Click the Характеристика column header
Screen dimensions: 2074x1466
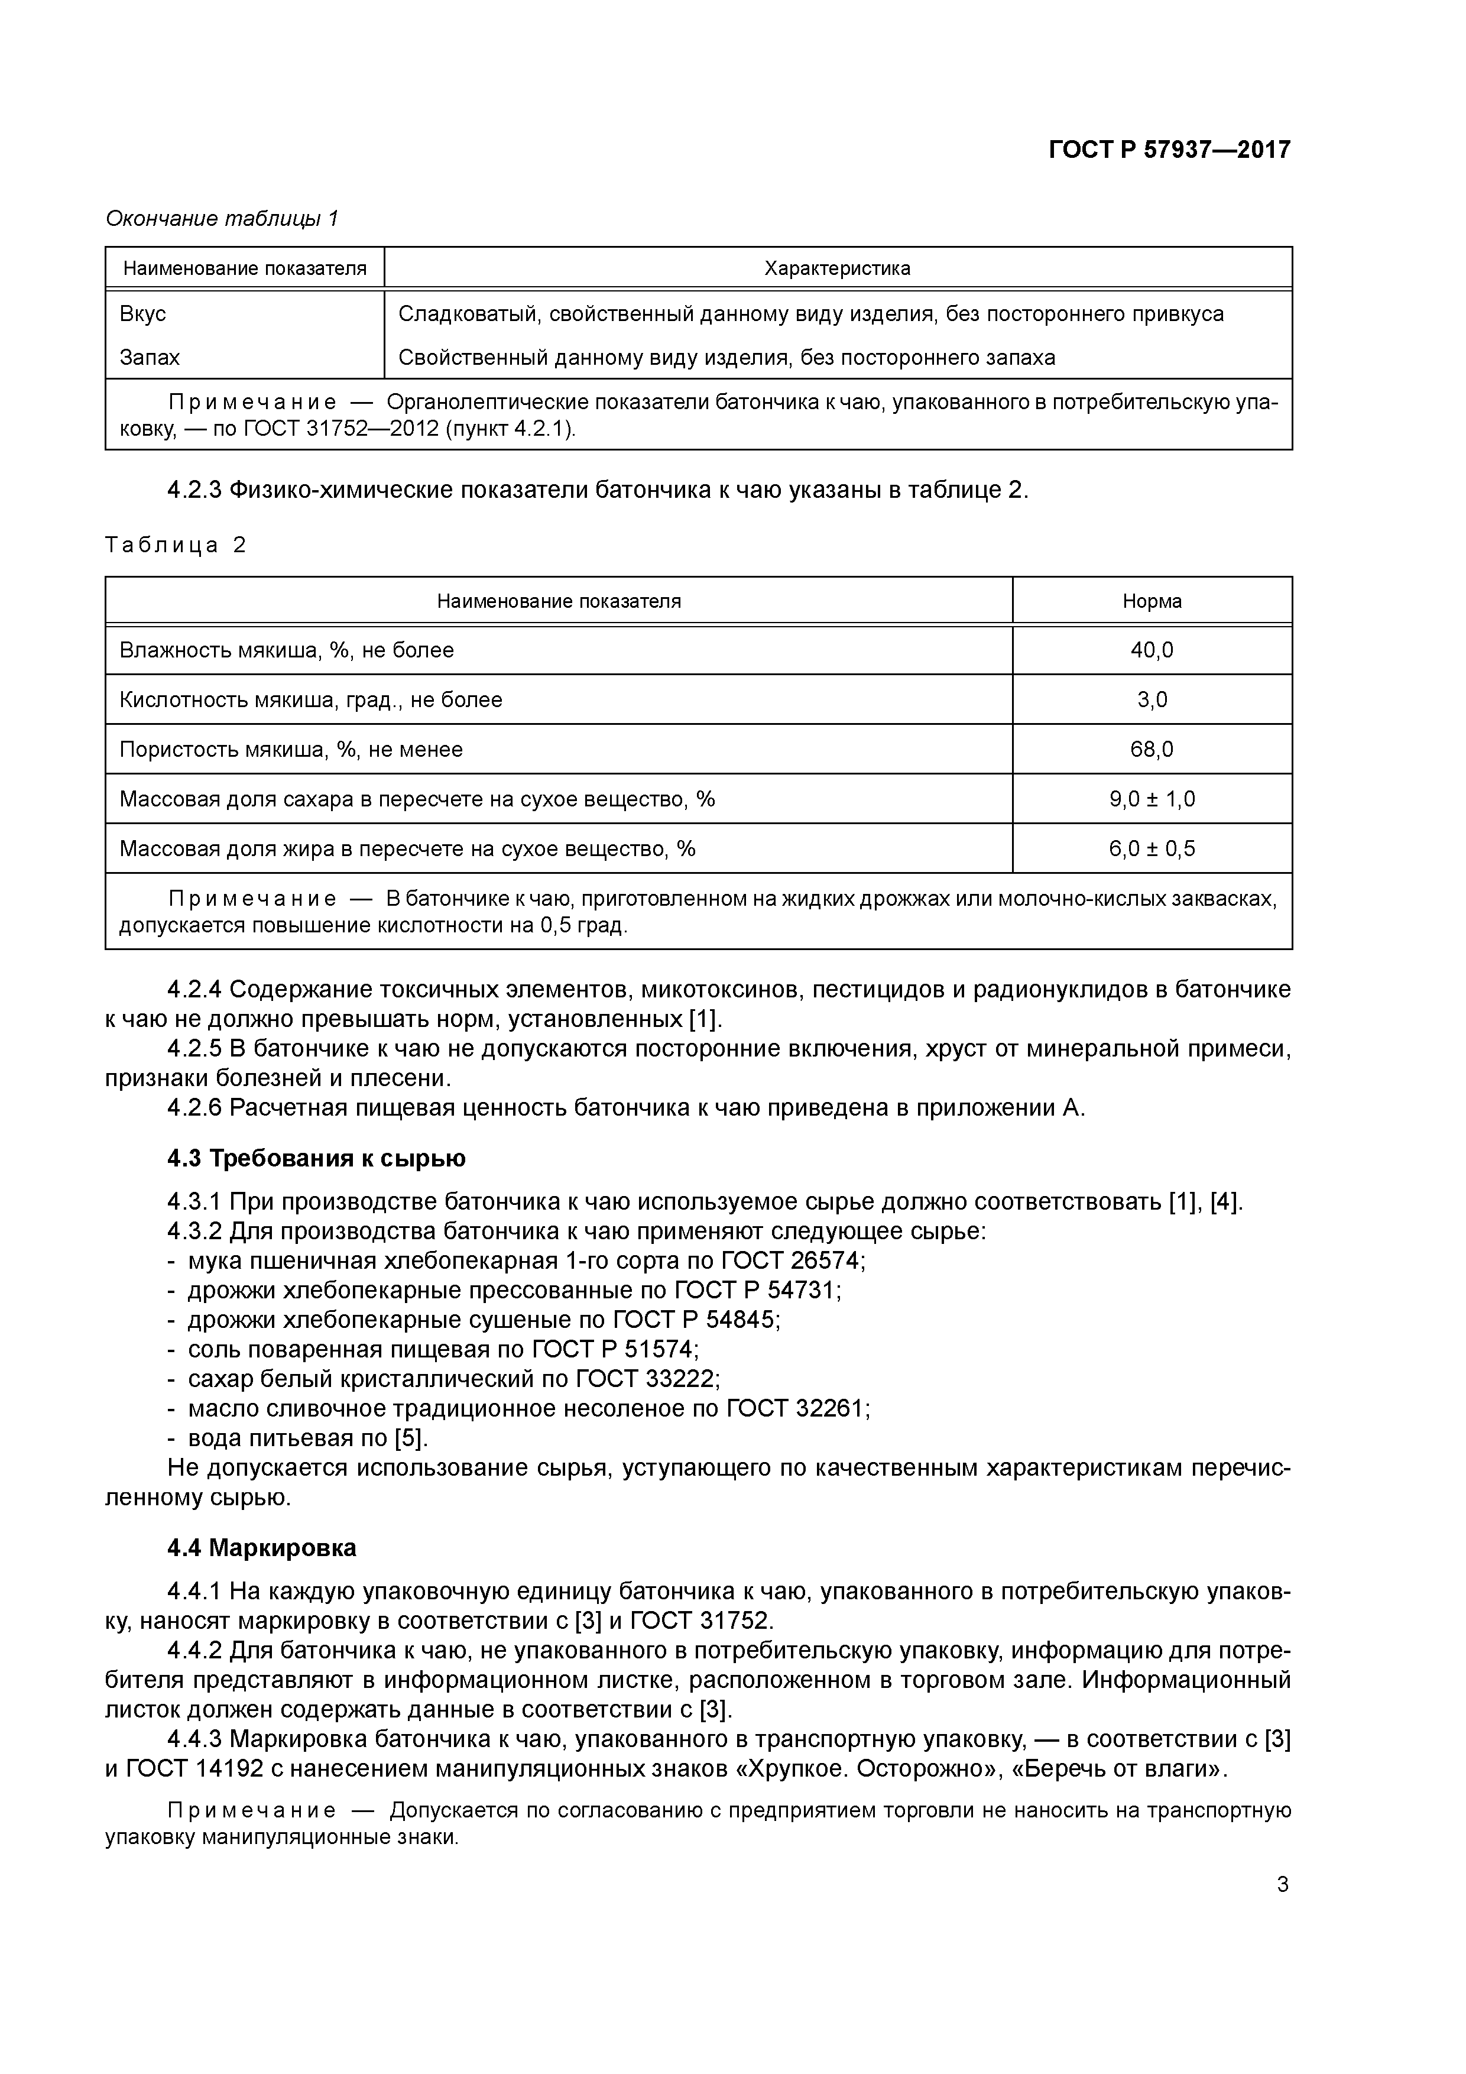click(x=836, y=268)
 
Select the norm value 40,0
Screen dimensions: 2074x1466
click(x=1151, y=650)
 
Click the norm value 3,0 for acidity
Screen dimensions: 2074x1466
click(x=1151, y=700)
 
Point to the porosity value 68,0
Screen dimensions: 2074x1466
click(x=1151, y=750)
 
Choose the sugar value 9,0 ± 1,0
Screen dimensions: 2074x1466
click(x=1151, y=799)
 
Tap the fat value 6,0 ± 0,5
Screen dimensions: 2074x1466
click(x=1151, y=849)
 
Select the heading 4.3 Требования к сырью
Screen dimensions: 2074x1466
click(x=316, y=1158)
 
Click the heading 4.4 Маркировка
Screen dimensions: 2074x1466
click(x=261, y=1548)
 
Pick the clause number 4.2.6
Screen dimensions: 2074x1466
click(x=193, y=1109)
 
